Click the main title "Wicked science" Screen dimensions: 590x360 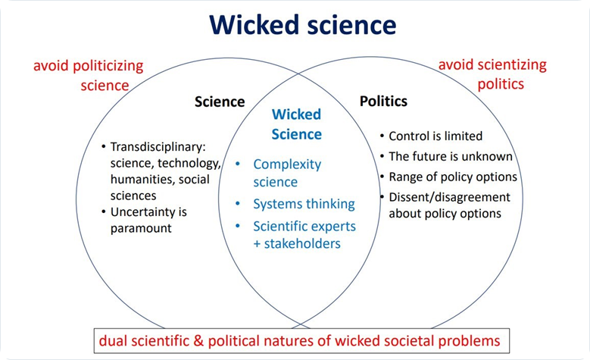click(x=302, y=25)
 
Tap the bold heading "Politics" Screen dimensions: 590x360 click(x=383, y=102)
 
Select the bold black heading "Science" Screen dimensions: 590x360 click(x=220, y=102)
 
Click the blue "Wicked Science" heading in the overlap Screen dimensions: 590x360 click(x=296, y=124)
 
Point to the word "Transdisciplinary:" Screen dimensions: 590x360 click(x=158, y=147)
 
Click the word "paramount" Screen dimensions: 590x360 click(x=141, y=228)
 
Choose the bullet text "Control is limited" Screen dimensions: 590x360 click(x=435, y=136)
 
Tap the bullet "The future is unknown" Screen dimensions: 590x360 click(x=451, y=156)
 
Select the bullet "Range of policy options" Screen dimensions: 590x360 click(x=453, y=177)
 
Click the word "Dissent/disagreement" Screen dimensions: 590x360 click(x=449, y=197)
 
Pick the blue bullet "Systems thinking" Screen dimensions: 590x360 click(x=304, y=204)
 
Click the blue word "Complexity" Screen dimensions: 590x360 click(x=287, y=164)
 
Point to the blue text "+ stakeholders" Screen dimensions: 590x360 click(x=297, y=243)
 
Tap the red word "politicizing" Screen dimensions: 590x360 click(x=108, y=66)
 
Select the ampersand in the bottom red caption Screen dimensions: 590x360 click(x=198, y=341)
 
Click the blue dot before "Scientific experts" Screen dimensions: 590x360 click(x=238, y=226)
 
